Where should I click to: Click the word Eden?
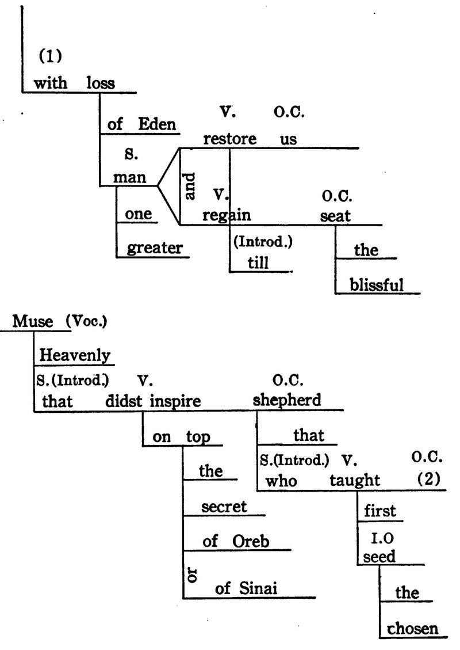156,125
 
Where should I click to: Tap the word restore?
228,139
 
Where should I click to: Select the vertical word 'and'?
191,187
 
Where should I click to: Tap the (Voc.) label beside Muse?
86,322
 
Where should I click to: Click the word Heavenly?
75,356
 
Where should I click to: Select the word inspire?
175,401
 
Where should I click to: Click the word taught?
355,480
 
